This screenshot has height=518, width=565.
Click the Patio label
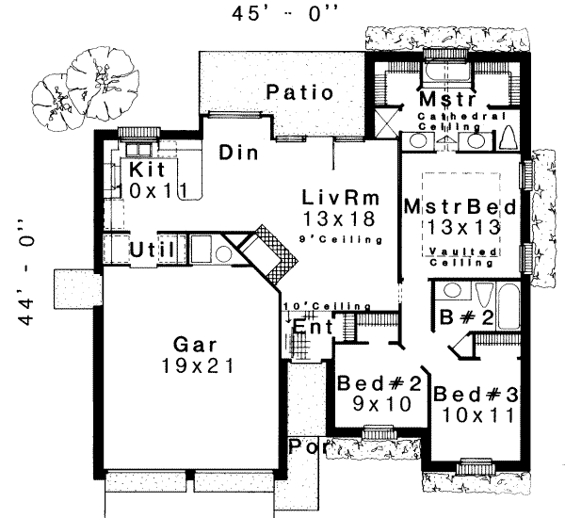pos(299,93)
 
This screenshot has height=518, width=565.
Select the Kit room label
pos(148,170)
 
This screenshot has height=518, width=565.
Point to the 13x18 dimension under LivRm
pos(339,219)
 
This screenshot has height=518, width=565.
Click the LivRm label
pos(339,198)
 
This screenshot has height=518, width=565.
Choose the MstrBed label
pos(451,205)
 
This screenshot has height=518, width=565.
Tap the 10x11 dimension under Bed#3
pos(472,412)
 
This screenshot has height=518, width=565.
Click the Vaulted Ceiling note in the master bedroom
pos(460,257)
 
